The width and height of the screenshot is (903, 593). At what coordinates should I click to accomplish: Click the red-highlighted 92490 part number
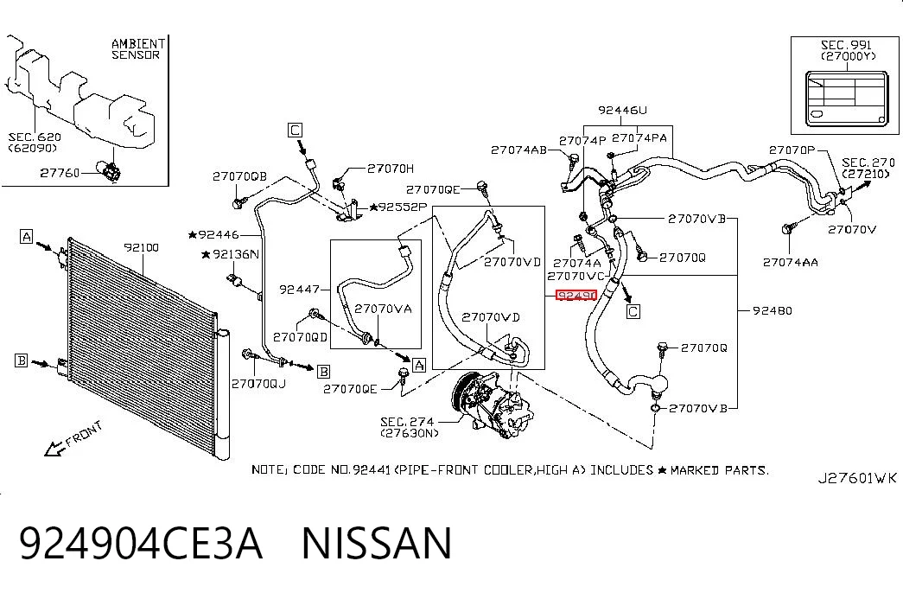tap(576, 296)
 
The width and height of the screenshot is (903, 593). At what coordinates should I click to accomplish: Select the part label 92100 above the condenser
tap(141, 248)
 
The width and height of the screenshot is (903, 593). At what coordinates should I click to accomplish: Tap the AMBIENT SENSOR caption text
tap(138, 49)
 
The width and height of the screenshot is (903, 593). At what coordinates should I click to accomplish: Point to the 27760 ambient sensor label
tap(60, 173)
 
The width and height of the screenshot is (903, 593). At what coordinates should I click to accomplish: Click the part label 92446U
tap(622, 110)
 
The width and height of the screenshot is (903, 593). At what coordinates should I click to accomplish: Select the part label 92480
tap(773, 310)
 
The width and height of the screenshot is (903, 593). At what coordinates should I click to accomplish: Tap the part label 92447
tap(299, 290)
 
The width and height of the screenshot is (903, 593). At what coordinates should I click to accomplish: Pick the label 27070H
tap(391, 169)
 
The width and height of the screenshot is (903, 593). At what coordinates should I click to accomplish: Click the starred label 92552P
tap(398, 207)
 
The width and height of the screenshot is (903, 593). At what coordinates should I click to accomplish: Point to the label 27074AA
tap(790, 263)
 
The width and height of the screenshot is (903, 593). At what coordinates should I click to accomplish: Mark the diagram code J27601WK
tap(857, 478)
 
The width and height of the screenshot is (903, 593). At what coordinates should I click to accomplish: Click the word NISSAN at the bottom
tap(377, 543)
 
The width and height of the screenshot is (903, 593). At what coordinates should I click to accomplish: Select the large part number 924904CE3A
tap(141, 543)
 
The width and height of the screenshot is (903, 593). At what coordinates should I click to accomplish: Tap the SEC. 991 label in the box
tap(846, 45)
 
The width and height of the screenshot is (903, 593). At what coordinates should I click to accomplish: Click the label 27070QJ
tap(258, 383)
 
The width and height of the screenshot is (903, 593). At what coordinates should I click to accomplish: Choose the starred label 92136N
tap(231, 254)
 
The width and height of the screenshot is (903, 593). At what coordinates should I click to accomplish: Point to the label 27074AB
tap(518, 150)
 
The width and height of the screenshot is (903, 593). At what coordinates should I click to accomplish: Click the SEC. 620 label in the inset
tap(34, 137)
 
